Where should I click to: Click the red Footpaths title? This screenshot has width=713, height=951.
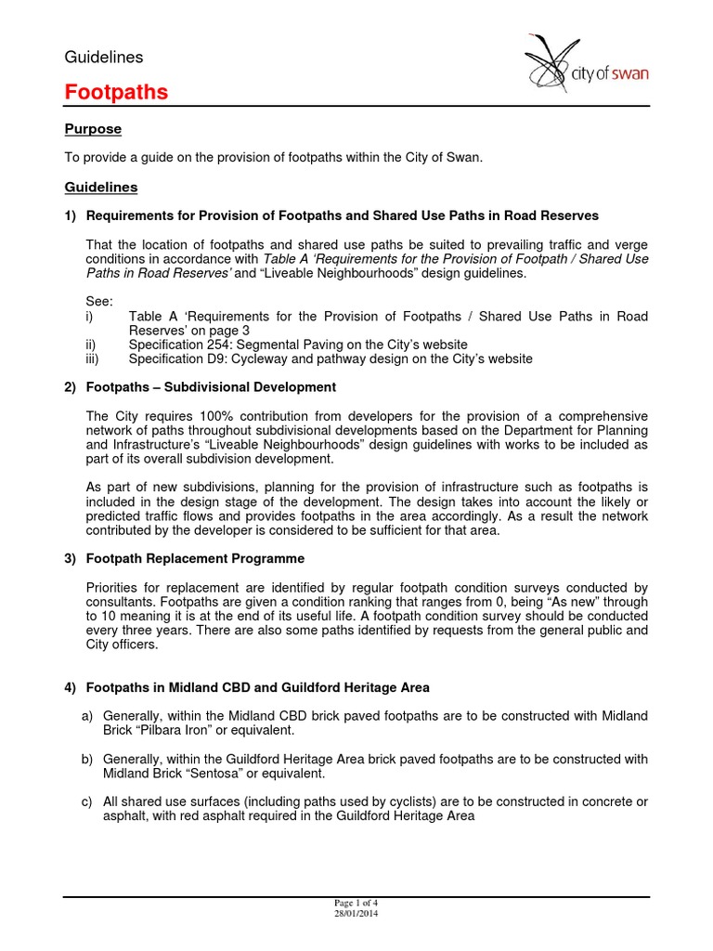tap(116, 92)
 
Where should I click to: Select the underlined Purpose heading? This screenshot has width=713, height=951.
tap(92, 129)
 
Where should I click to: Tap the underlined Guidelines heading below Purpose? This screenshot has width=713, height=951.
tap(100, 187)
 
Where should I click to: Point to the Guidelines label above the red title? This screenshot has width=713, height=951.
tap(103, 57)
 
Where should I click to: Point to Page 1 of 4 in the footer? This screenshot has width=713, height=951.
tap(356, 903)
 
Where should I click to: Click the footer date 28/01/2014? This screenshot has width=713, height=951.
tap(356, 913)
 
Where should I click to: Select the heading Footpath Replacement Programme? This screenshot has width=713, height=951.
tap(195, 558)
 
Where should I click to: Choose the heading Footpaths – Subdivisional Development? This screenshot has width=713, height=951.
tap(211, 386)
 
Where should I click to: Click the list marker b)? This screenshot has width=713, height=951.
tap(88, 760)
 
